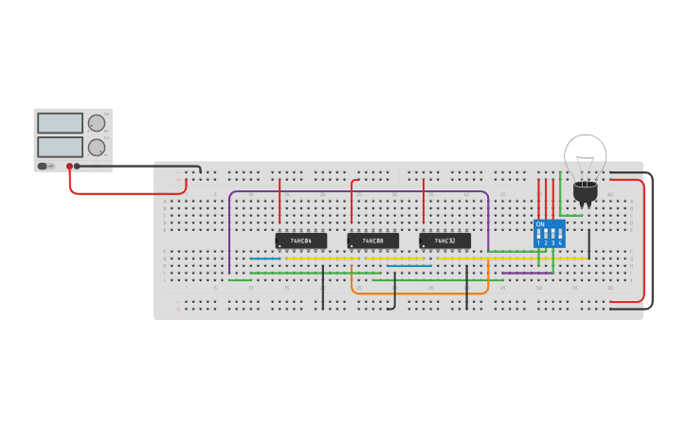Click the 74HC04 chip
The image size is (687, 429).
coord(300,241)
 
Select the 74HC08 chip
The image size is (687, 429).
coord(372,241)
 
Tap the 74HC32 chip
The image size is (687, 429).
coord(444,241)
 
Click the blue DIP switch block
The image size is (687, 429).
coord(550,233)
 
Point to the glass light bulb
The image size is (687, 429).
coord(585,156)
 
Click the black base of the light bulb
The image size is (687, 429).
coord(585,193)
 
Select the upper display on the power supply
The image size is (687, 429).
coord(60,123)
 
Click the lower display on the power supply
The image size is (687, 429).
coord(60,147)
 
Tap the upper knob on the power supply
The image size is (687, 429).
coord(96,123)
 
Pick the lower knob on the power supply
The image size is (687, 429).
coord(96,148)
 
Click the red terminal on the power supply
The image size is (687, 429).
coord(69,167)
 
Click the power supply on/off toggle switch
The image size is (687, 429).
coord(44,167)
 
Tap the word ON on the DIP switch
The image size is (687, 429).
coord(540,224)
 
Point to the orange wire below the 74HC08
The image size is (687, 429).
coord(417,293)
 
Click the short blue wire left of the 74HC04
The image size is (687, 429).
coord(265,259)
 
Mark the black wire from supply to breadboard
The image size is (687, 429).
coord(142,166)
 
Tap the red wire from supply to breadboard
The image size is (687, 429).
coord(123,193)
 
